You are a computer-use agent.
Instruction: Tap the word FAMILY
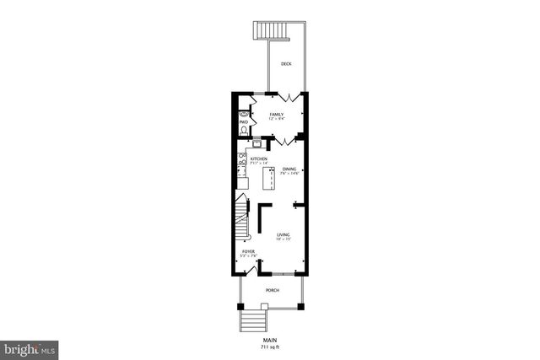click(x=276, y=114)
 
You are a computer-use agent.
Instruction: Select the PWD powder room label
click(x=244, y=122)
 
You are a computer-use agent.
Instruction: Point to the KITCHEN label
click(x=258, y=159)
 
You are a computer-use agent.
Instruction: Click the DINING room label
click(x=289, y=169)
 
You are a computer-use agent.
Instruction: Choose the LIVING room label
click(x=283, y=234)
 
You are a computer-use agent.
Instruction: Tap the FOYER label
click(x=249, y=251)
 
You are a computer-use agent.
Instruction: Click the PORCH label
click(x=272, y=290)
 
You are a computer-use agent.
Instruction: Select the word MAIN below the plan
click(x=269, y=340)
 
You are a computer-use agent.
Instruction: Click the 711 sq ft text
click(x=269, y=347)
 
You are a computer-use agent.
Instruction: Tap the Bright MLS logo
click(x=30, y=347)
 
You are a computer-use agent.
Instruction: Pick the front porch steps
click(x=251, y=321)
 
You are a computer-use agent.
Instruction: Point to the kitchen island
click(x=271, y=179)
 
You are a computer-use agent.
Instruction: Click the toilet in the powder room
click(x=244, y=130)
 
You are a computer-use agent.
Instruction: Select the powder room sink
click(x=244, y=114)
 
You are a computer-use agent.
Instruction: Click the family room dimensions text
click(x=276, y=119)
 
